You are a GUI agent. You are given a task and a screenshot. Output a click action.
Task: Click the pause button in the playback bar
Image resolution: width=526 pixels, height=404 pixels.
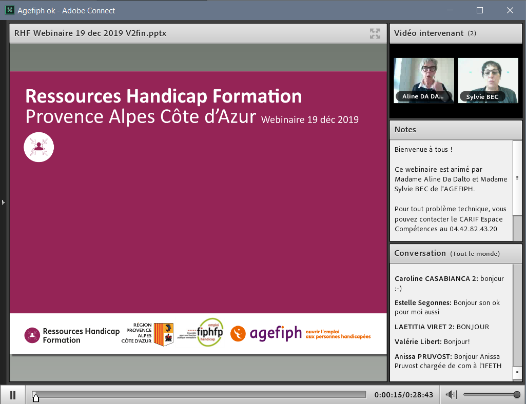[x=13, y=395]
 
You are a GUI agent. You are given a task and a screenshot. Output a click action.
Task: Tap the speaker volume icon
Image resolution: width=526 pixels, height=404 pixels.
[x=451, y=394]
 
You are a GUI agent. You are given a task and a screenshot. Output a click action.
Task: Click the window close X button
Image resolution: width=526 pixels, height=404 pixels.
[x=510, y=10]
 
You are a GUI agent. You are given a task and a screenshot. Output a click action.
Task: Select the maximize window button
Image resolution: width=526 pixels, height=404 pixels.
[x=480, y=10]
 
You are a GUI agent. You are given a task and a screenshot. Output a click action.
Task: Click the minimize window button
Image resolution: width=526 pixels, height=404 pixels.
[x=450, y=10]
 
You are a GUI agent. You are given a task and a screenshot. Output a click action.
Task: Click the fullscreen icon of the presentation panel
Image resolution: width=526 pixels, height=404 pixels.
[x=375, y=34]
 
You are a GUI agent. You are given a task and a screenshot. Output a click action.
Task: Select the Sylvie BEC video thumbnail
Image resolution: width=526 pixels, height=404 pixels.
[x=488, y=80]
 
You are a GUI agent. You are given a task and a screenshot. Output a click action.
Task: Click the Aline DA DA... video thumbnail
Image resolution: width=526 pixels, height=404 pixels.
[x=424, y=80]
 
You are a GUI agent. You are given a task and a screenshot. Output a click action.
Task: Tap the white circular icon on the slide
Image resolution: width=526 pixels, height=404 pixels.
[x=39, y=147]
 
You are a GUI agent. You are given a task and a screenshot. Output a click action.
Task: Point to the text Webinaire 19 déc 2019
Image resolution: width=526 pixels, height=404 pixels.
[x=310, y=120]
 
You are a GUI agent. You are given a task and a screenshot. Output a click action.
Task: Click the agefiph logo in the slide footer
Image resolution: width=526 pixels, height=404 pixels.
[x=276, y=333]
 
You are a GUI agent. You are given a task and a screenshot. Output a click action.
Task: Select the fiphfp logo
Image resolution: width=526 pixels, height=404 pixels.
[x=210, y=332]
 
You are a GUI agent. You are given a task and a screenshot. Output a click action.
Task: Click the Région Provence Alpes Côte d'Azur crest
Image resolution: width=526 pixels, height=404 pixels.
[x=164, y=334]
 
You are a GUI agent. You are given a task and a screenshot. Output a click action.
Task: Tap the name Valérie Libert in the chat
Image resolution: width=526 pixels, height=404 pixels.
[x=417, y=341]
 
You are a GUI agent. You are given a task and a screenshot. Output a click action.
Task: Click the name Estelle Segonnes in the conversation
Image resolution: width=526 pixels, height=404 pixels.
[x=423, y=303]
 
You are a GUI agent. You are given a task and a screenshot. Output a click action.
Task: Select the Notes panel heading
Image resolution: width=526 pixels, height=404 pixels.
[x=405, y=130]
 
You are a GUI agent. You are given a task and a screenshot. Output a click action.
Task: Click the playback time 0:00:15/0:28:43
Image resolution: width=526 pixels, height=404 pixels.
[x=404, y=395]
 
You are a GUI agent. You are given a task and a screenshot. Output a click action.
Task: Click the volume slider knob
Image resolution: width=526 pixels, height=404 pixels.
[x=517, y=394]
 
